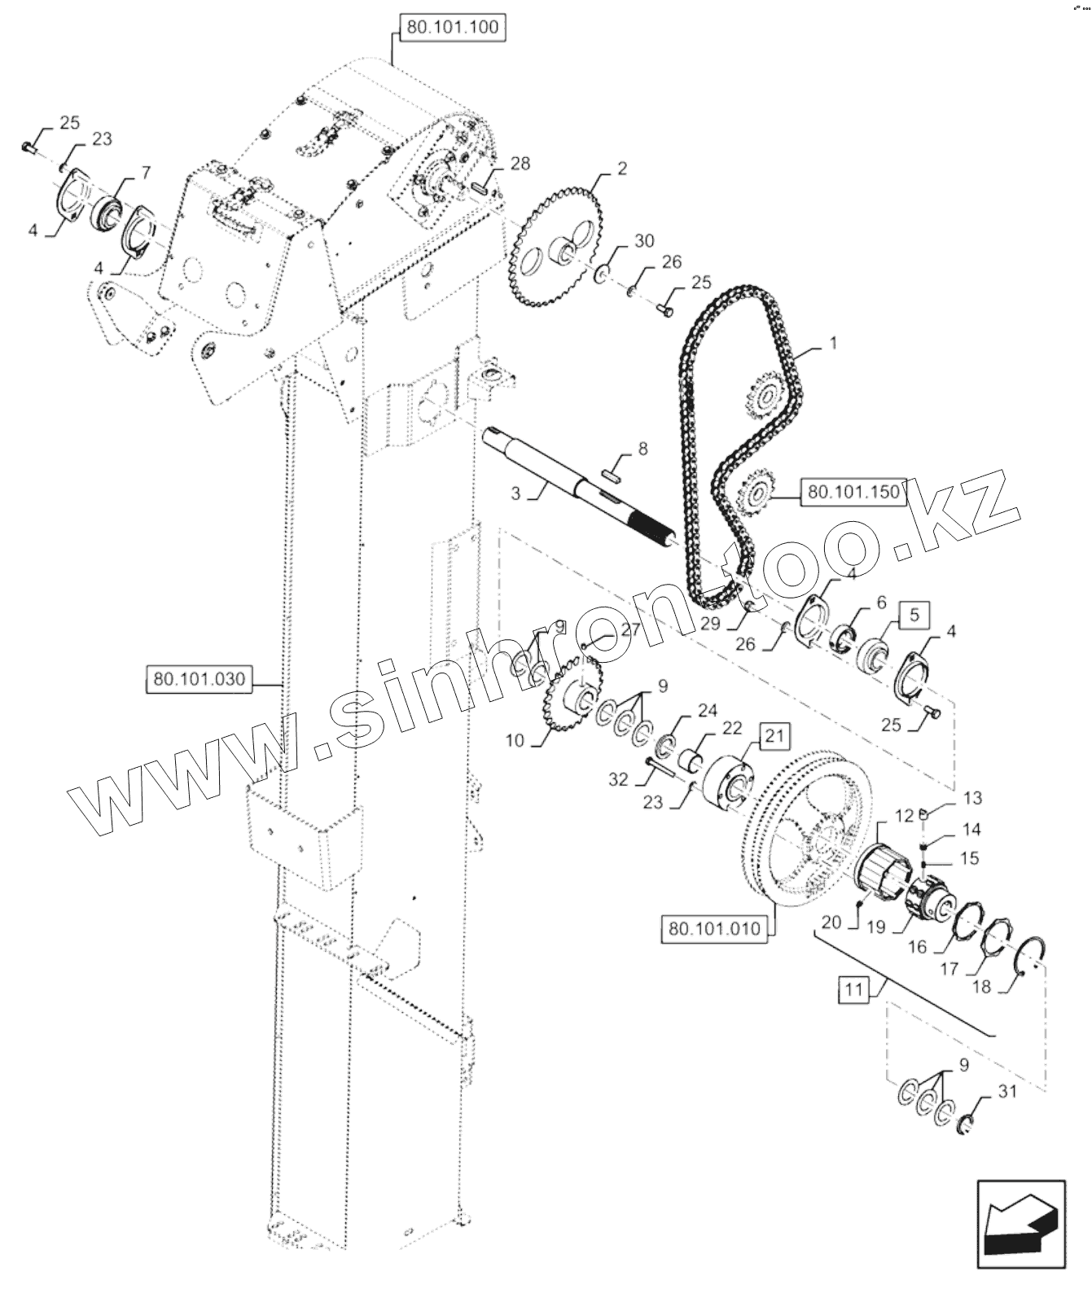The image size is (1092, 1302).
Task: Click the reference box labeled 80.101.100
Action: (452, 27)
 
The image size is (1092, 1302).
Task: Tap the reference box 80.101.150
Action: (853, 492)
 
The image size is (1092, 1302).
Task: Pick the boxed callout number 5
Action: (914, 615)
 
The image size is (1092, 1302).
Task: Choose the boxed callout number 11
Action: (853, 991)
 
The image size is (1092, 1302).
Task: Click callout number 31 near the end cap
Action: (1007, 1093)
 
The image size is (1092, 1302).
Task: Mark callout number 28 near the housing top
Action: (520, 164)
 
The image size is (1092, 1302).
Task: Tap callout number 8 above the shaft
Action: (642, 449)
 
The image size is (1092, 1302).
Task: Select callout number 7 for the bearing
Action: (146, 172)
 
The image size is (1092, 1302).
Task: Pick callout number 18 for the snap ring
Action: (981, 987)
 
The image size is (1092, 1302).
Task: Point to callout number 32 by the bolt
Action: (618, 779)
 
